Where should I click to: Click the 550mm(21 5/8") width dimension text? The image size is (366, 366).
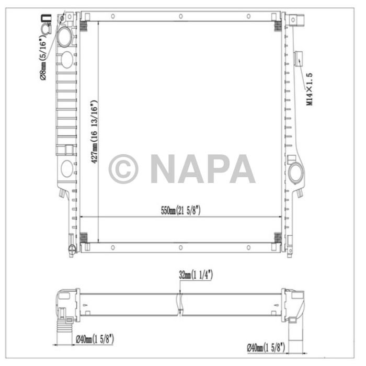click(180, 210)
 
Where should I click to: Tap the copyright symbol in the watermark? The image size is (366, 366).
click(123, 168)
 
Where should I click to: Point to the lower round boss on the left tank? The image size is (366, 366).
click(66, 169)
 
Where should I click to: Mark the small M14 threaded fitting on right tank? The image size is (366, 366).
click(299, 58)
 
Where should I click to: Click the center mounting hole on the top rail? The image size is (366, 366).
click(180, 16)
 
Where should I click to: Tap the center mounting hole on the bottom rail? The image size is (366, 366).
click(180, 247)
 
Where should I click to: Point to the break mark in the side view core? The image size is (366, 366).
click(180, 303)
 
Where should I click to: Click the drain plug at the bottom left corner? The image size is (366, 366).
click(72, 249)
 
